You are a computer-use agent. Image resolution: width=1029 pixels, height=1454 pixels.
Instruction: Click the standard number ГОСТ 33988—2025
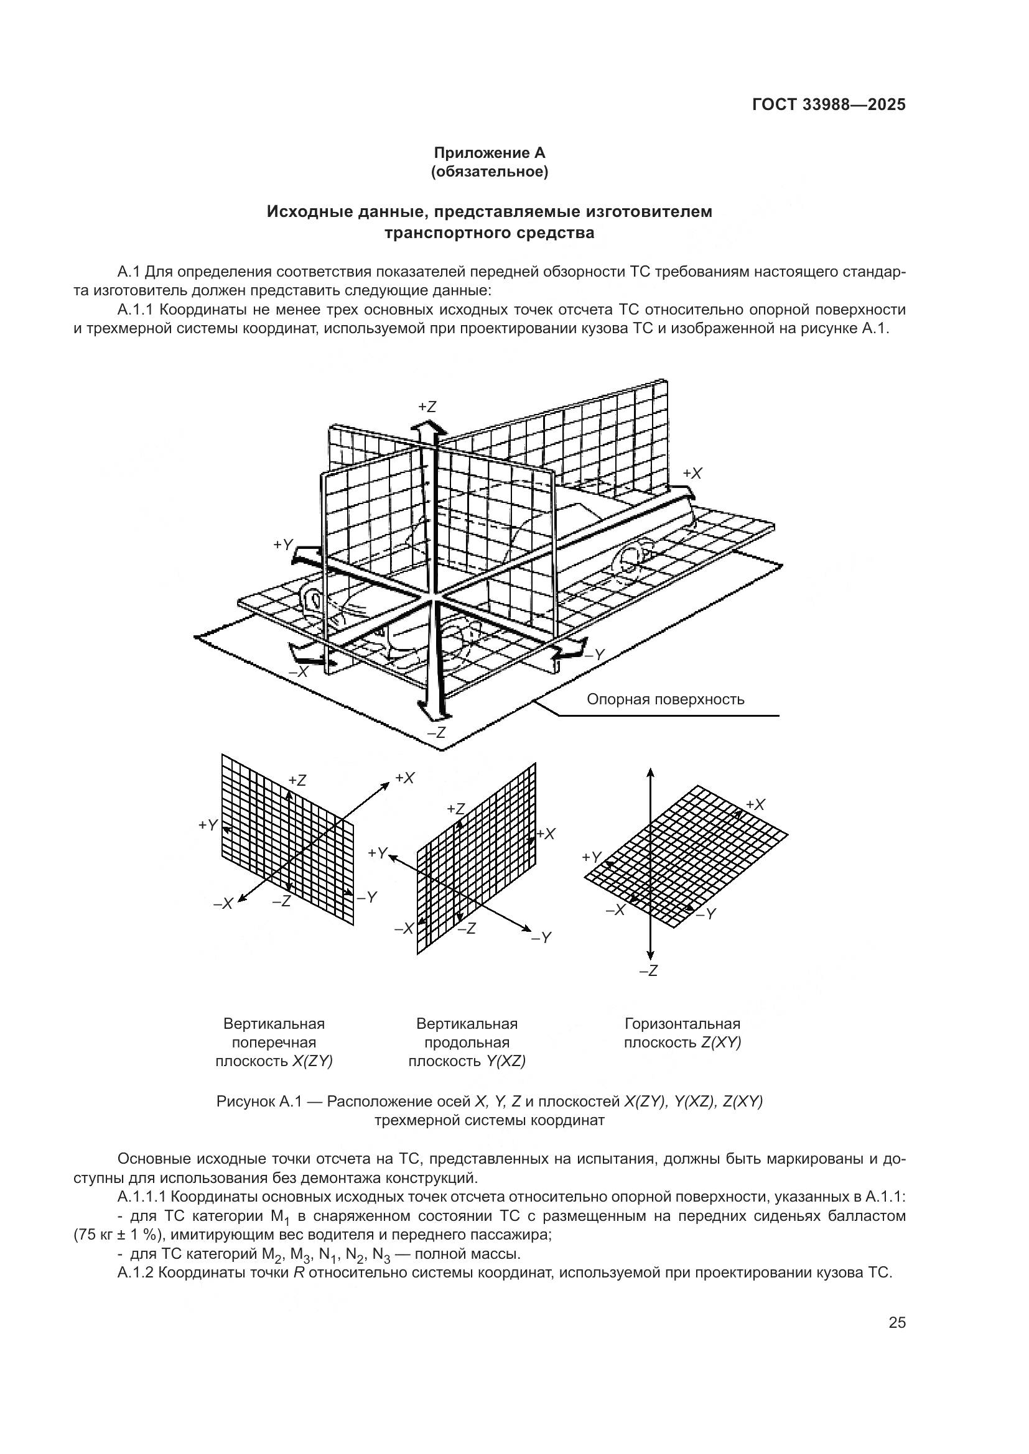click(828, 105)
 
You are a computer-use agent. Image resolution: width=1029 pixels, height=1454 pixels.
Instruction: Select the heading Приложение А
click(488, 153)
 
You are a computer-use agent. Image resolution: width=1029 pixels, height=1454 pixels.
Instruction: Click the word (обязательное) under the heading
click(488, 172)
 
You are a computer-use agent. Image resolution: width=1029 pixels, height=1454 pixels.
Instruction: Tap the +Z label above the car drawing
click(427, 407)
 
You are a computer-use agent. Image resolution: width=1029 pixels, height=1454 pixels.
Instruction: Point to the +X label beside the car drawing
click(692, 473)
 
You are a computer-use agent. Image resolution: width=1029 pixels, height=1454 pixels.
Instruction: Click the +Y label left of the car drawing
click(283, 544)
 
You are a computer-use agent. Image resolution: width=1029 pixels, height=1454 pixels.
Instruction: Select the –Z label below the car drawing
click(436, 732)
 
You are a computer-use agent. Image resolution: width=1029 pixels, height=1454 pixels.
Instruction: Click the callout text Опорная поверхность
click(664, 699)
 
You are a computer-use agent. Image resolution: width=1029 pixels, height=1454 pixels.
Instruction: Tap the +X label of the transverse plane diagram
click(404, 778)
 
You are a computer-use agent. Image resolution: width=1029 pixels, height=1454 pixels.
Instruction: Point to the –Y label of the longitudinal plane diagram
click(541, 937)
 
